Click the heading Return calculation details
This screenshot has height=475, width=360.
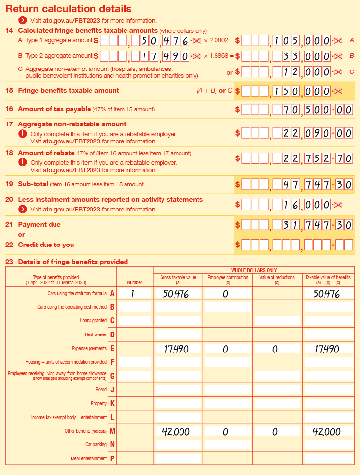68,9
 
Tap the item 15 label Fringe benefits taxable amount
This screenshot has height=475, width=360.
68,90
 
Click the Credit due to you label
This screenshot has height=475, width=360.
46,245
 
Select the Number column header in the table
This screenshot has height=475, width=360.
134,282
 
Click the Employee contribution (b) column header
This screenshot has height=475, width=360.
228,280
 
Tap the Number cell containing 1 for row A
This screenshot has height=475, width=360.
134,293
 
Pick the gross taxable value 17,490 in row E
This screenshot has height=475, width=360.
178,349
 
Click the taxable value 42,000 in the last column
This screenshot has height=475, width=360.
328,432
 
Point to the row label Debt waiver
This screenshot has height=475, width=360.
95,335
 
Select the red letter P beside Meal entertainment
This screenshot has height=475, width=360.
112,458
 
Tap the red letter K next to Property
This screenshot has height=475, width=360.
112,404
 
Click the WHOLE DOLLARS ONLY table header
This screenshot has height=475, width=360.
253,270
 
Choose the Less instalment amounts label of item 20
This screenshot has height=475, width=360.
110,200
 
